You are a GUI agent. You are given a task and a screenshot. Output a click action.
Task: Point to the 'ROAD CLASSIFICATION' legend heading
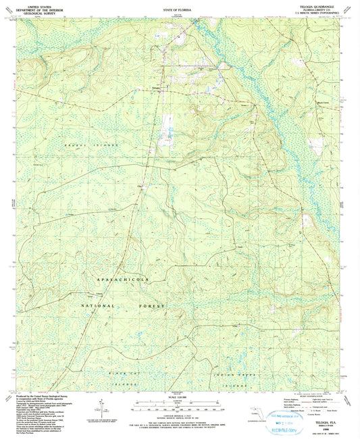(307, 397)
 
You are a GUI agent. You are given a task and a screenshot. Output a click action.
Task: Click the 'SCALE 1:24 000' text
(178, 398)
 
